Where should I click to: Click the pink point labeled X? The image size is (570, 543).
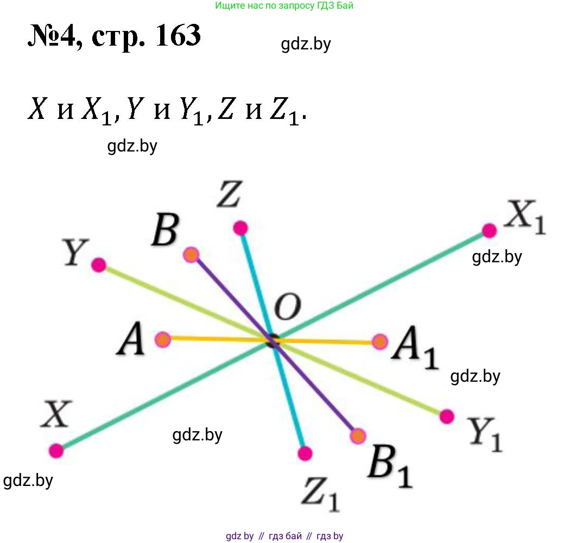coord(56,450)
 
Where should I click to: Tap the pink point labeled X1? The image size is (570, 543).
coord(490,231)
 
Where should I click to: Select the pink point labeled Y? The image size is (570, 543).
coord(98,265)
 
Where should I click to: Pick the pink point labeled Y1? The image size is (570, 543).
coord(447,416)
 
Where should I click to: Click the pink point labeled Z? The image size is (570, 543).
coord(240,228)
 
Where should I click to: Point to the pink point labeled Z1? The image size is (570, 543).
coord(305,453)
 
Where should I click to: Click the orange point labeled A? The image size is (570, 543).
coord(163,340)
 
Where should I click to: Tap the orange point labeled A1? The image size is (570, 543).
coord(380,342)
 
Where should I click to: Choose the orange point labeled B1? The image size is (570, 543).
coord(358,436)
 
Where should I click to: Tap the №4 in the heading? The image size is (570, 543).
coord(52,37)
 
